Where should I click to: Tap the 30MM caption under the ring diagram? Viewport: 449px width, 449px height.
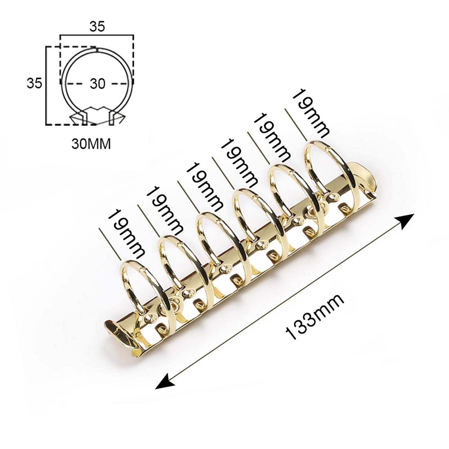coord(91,144)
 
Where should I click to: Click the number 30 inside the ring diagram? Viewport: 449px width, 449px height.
coord(97,84)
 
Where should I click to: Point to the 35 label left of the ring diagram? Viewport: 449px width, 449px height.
coord(34,84)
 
